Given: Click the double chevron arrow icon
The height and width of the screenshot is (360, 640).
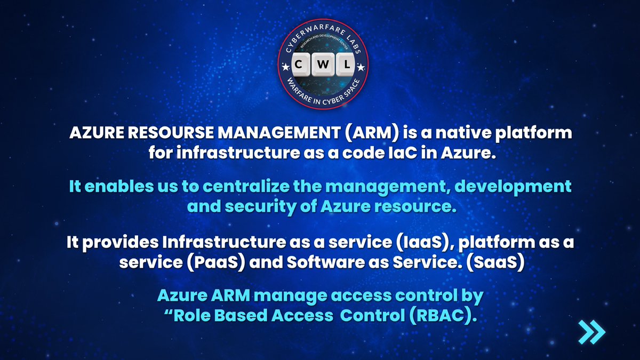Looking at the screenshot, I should pos(592,332).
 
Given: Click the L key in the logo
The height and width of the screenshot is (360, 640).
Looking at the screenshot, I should pos(345,65).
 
